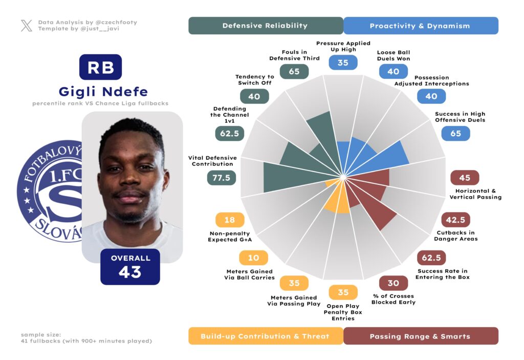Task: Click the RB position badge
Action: click(100, 67)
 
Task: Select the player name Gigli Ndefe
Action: click(103, 92)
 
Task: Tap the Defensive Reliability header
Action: click(265, 26)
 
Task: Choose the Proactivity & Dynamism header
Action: click(420, 26)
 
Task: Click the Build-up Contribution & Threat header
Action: click(265, 336)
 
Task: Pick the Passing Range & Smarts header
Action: click(420, 336)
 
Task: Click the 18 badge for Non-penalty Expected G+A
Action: click(230, 220)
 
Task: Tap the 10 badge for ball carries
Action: click(253, 258)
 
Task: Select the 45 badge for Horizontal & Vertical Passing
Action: click(464, 178)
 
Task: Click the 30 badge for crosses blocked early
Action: click(393, 283)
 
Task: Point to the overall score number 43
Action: click(130, 272)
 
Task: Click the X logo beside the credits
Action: click(27, 26)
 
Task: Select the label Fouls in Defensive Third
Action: click(294, 55)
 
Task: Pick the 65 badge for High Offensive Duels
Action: click(455, 134)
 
